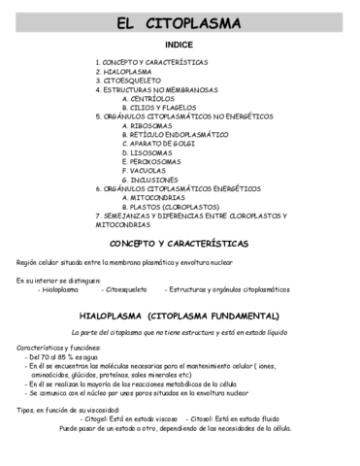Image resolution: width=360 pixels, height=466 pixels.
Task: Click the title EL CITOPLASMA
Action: pyautogui.click(x=180, y=22)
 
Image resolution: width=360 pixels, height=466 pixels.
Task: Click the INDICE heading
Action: pyautogui.click(x=179, y=45)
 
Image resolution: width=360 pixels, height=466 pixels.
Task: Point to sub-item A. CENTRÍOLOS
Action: pyautogui.click(x=155, y=98)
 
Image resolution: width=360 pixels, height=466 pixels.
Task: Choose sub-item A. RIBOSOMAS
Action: pyautogui.click(x=153, y=125)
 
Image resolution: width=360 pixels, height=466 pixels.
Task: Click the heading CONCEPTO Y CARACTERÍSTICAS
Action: pyautogui.click(x=180, y=243)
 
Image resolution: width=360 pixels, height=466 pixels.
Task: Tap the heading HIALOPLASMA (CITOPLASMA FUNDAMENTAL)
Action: pyautogui.click(x=180, y=316)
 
